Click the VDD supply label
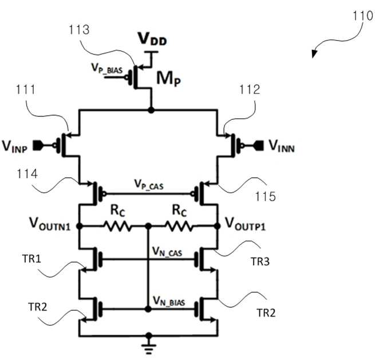click(152, 39)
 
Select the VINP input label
click(14, 146)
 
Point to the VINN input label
click(282, 146)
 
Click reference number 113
click(79, 30)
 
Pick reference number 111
click(26, 89)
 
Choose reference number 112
click(250, 89)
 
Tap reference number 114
click(27, 174)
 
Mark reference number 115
click(266, 197)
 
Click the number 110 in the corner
click(363, 16)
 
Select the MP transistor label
click(168, 79)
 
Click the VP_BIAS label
click(107, 68)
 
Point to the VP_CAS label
click(149, 185)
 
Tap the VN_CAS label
click(167, 252)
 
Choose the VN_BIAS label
click(169, 301)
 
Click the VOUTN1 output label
click(50, 224)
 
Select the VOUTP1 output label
click(246, 224)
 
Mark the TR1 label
click(31, 259)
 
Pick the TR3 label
click(260, 261)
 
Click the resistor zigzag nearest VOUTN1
click(117, 226)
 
